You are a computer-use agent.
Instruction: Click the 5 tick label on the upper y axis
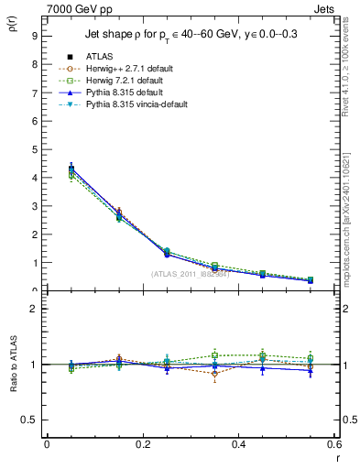(34, 149)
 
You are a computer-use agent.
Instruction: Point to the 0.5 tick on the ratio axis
(30, 420)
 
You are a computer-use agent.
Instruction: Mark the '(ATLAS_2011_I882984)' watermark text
(189, 274)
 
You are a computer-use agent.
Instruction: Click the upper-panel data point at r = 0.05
(71, 169)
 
